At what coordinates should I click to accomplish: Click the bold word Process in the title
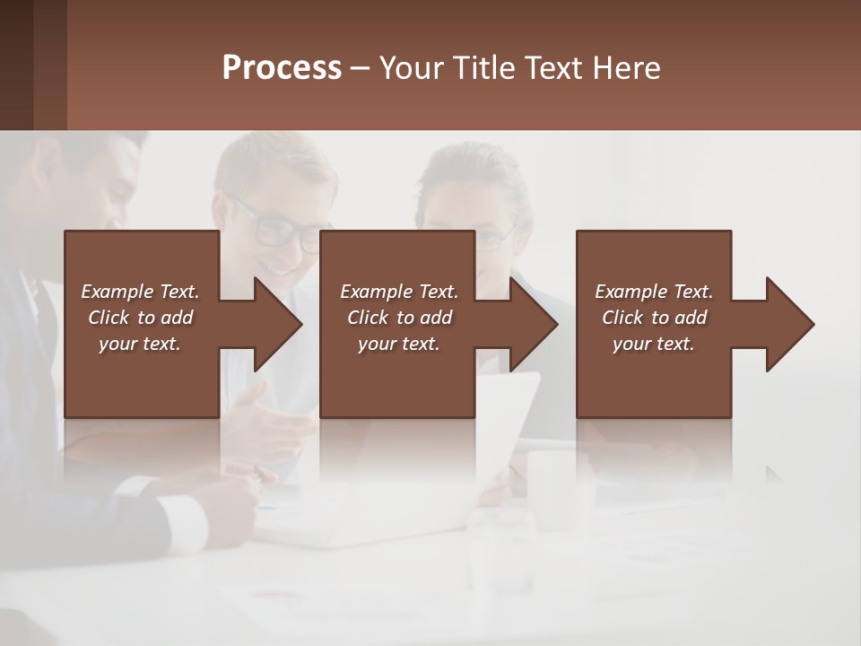click(282, 68)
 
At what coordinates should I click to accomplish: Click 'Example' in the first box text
click(117, 292)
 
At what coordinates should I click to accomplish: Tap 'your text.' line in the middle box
click(398, 344)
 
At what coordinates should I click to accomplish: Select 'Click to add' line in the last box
click(654, 318)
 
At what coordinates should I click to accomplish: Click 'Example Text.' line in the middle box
click(398, 292)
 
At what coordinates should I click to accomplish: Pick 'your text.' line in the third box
click(654, 344)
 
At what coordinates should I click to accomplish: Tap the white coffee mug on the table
click(555, 484)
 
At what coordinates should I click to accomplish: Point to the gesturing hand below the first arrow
click(269, 413)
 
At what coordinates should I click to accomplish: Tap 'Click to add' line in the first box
click(140, 318)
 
